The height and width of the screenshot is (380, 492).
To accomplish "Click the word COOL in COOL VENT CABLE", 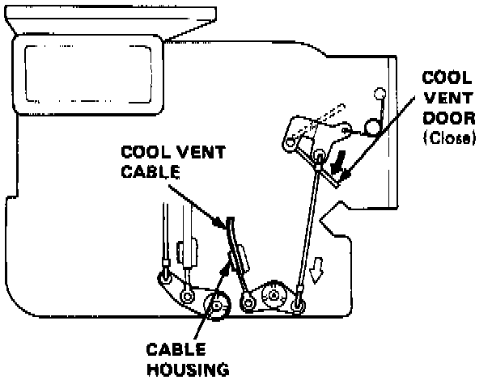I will (x=138, y=152).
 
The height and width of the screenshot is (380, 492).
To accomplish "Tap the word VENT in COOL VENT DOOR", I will (x=443, y=99).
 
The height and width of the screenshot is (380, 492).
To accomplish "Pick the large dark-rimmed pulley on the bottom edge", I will (x=217, y=306).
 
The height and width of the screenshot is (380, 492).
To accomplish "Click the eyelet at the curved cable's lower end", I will (x=246, y=303).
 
